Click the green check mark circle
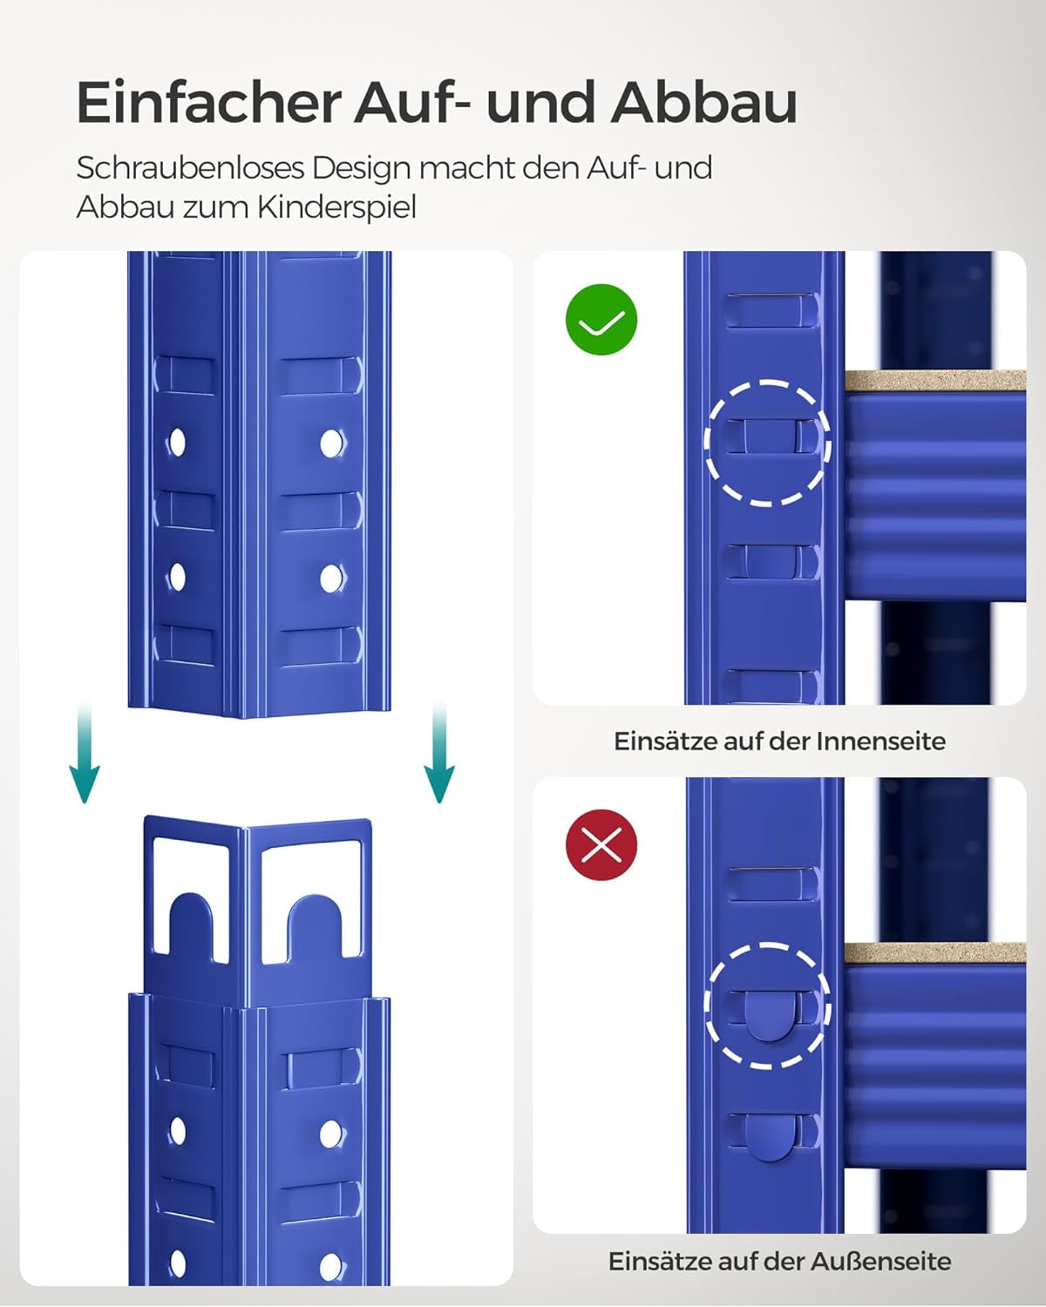[601, 320]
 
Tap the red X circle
[601, 844]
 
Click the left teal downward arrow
[85, 753]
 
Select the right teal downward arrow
[438, 753]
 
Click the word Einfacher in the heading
[207, 102]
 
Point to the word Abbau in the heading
[704, 102]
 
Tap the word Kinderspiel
[336, 207]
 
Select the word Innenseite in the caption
[880, 742]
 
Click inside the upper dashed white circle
[767, 443]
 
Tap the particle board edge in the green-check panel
[935, 381]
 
